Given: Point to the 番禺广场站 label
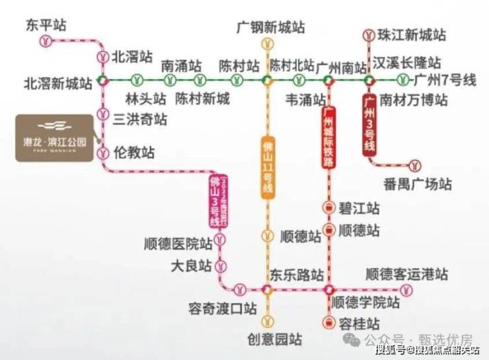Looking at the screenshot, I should tap(418, 183).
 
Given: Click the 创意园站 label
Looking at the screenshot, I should tap(275, 340).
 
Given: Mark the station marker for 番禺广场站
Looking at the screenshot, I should tap(416, 163).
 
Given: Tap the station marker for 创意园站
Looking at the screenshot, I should tap(268, 322).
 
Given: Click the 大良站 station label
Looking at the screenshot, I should tap(191, 266).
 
